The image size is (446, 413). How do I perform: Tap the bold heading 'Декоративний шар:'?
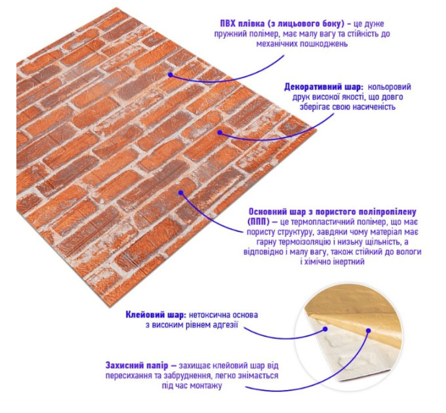coord(324,87)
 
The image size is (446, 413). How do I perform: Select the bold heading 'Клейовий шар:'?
coord(156,315)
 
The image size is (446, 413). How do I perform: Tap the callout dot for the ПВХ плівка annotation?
coord(171,75)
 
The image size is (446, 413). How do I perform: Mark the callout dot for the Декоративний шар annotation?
coord(220,132)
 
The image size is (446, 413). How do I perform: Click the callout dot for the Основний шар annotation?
coord(181,193)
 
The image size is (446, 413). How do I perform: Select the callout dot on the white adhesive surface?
coord(325,329)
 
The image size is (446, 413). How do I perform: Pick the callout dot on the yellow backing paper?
coord(369,330)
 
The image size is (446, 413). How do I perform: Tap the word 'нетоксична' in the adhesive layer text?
coord(209,315)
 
